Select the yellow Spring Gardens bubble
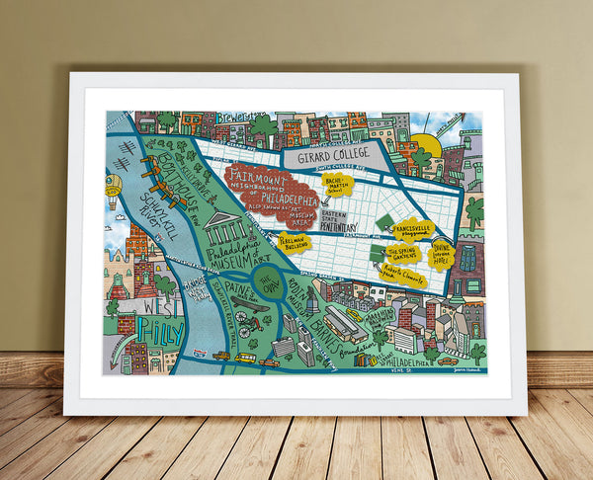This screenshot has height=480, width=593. click(x=404, y=254)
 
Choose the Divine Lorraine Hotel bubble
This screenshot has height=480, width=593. click(x=441, y=255)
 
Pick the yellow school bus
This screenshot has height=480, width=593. click(x=243, y=358)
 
